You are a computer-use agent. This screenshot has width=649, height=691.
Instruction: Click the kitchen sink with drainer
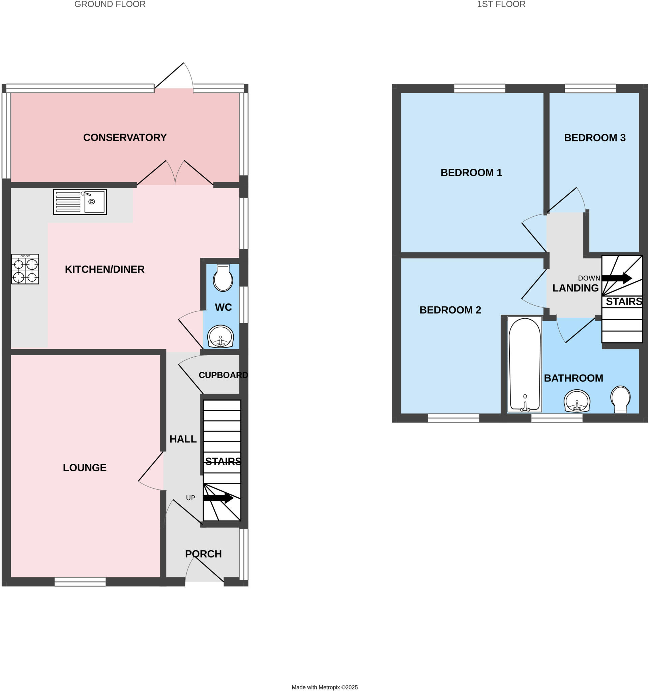pyautogui.click(x=80, y=202)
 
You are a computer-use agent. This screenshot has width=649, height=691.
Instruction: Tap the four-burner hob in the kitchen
pyautogui.click(x=25, y=269)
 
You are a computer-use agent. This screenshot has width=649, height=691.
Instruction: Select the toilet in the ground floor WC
pyautogui.click(x=223, y=278)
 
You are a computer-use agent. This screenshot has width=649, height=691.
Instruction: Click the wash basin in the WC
pyautogui.click(x=220, y=336)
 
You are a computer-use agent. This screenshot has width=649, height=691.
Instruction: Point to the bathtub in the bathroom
pyautogui.click(x=524, y=364)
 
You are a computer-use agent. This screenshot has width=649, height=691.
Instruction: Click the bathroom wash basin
pyautogui.click(x=577, y=401)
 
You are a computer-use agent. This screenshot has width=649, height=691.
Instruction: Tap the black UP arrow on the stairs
pyautogui.click(x=218, y=498)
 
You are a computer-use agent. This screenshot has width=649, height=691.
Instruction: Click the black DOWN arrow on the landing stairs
pyautogui.click(x=617, y=278)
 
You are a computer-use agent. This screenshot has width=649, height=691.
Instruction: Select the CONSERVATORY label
pyautogui.click(x=125, y=138)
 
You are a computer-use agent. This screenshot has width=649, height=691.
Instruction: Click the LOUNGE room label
pyautogui.click(x=85, y=468)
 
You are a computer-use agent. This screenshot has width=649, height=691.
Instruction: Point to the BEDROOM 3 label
pyautogui.click(x=594, y=138)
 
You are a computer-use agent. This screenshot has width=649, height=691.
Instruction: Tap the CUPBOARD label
pyautogui.click(x=223, y=375)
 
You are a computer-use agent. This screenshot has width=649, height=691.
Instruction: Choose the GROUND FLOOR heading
pyautogui.click(x=110, y=4)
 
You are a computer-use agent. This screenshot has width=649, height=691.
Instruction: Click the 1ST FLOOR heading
pyautogui.click(x=501, y=4)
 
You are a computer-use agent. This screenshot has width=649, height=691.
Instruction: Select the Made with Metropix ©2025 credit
pyautogui.click(x=324, y=687)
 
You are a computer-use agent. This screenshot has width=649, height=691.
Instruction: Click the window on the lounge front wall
pyautogui.click(x=80, y=582)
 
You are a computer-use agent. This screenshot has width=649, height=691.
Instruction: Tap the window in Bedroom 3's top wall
pyautogui.click(x=590, y=88)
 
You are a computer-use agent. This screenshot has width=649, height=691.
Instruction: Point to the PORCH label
pyautogui.click(x=203, y=554)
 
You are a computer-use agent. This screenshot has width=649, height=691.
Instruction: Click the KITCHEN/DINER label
pyautogui.click(x=105, y=269)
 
